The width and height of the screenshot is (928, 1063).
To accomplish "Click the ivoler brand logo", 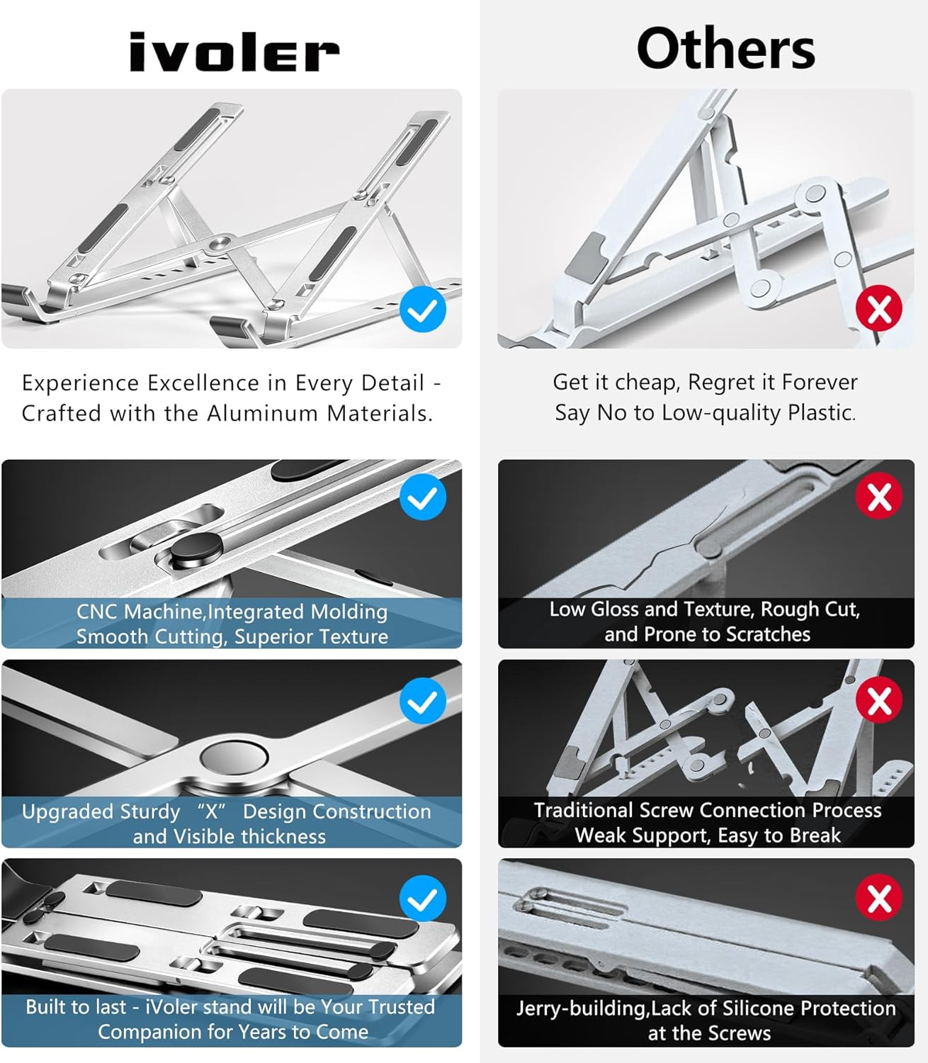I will (x=234, y=53).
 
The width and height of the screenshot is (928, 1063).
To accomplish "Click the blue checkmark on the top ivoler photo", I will (x=423, y=310).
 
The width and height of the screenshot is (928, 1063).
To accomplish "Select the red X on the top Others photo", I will (x=879, y=309).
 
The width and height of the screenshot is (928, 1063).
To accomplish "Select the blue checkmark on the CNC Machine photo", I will (x=423, y=497).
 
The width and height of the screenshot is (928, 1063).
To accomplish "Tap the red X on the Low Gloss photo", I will (x=879, y=497).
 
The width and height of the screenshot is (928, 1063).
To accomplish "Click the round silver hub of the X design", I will (x=234, y=757).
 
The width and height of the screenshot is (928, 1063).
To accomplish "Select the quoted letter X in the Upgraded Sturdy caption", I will (x=211, y=811).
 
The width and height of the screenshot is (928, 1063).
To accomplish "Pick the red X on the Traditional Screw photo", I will (x=879, y=701).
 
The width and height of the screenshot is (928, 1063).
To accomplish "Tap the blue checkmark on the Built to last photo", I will (x=423, y=899).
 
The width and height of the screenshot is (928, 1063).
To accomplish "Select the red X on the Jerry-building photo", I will (x=879, y=899).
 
